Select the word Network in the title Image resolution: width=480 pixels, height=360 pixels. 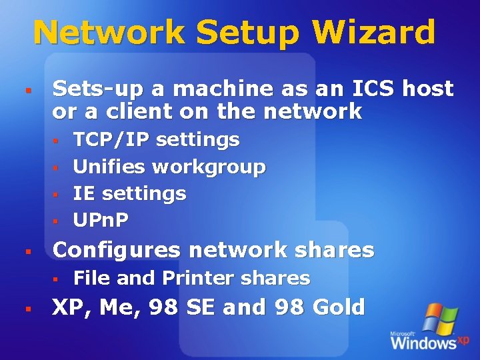pyautogui.click(x=109, y=31)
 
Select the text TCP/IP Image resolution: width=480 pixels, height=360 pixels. pyautogui.click(x=109, y=140)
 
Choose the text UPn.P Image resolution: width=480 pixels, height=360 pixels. pyautogui.click(x=101, y=219)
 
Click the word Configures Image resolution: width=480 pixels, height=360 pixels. pyautogui.click(x=117, y=251)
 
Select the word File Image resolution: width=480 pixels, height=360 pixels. pyautogui.click(x=91, y=278)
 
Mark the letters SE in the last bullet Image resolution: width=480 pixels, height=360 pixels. pyautogui.click(x=199, y=307)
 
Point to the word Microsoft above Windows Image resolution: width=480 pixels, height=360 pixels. pyautogui.click(x=403, y=333)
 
